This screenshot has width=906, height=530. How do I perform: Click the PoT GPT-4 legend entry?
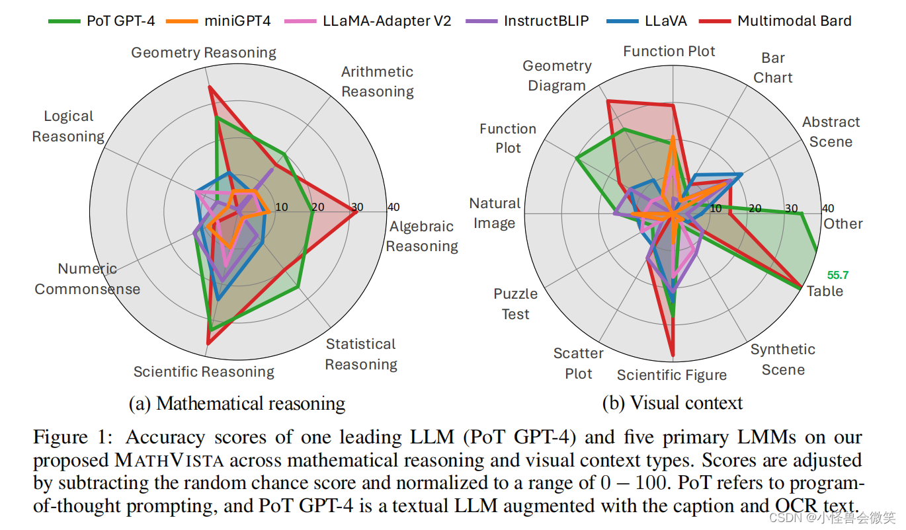[x=103, y=20]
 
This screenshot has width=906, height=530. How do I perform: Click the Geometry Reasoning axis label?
[x=204, y=53]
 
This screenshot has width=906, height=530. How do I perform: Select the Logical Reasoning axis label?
[x=68, y=126]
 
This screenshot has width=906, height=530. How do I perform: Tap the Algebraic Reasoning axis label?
[x=422, y=236]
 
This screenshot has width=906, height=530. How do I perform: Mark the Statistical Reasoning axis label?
[x=361, y=354]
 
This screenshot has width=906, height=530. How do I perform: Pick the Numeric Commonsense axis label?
[x=87, y=279]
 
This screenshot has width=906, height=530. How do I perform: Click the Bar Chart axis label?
[x=772, y=68]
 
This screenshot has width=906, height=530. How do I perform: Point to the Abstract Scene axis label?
[x=831, y=132]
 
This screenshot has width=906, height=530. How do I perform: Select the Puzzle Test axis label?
[x=515, y=304]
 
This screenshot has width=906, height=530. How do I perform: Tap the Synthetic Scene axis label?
[x=783, y=359]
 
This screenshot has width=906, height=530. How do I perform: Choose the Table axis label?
[x=825, y=291]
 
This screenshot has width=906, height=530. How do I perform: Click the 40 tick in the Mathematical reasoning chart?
[x=393, y=207]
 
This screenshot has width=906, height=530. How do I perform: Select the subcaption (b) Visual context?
[x=672, y=402]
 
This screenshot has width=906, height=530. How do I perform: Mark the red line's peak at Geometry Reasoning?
[x=209, y=87]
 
